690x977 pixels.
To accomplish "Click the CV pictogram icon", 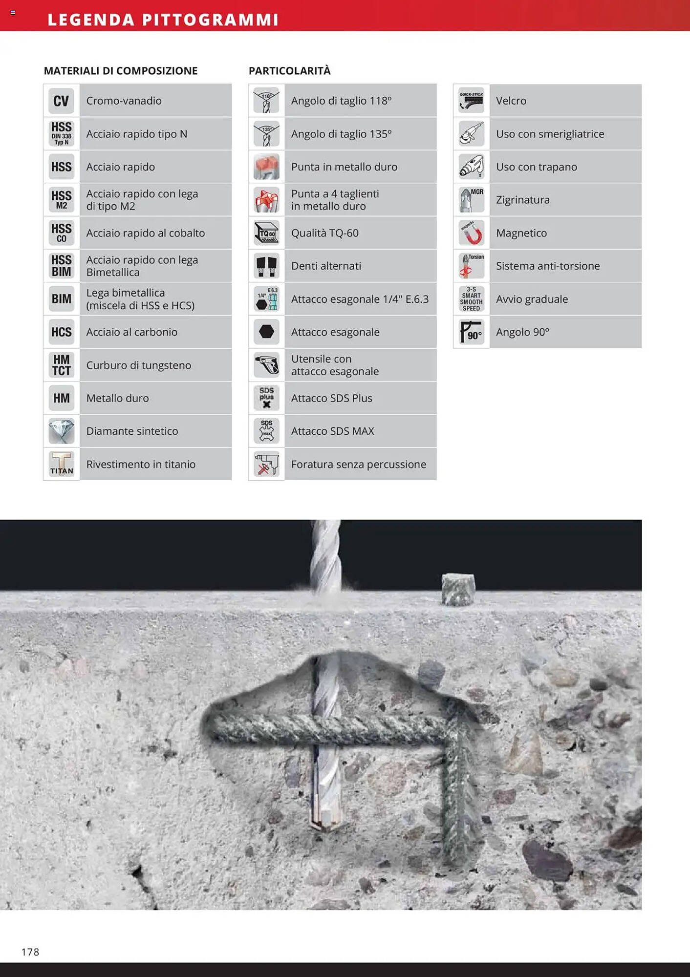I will pos(61,101).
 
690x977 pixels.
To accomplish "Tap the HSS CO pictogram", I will pos(61,233).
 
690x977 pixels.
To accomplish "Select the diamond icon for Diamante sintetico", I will pos(61,431).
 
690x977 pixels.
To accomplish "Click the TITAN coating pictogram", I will pos(61,464).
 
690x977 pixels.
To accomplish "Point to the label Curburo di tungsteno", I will pos(138,365).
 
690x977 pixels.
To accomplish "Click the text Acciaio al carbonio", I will pos(131,332).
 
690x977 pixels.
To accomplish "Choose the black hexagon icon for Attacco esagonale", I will pos(266,332).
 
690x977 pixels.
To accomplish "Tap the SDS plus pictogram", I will pos(266,398).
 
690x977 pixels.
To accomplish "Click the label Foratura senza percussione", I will pos(358,464).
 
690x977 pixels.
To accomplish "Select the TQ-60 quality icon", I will pos(266,233).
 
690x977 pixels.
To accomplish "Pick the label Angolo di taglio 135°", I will pos(341,134).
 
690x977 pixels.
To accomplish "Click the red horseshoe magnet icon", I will pos(471,233).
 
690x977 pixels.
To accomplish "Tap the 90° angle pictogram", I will pos(471,332).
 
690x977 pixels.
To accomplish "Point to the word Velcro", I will pos(511,101).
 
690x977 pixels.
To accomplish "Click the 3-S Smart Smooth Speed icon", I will pos(471,299).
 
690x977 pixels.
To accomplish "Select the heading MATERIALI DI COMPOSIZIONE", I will pos(121,71).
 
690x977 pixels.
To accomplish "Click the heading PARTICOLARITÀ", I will pos(289,71).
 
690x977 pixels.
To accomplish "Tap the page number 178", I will pos(30,952).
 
